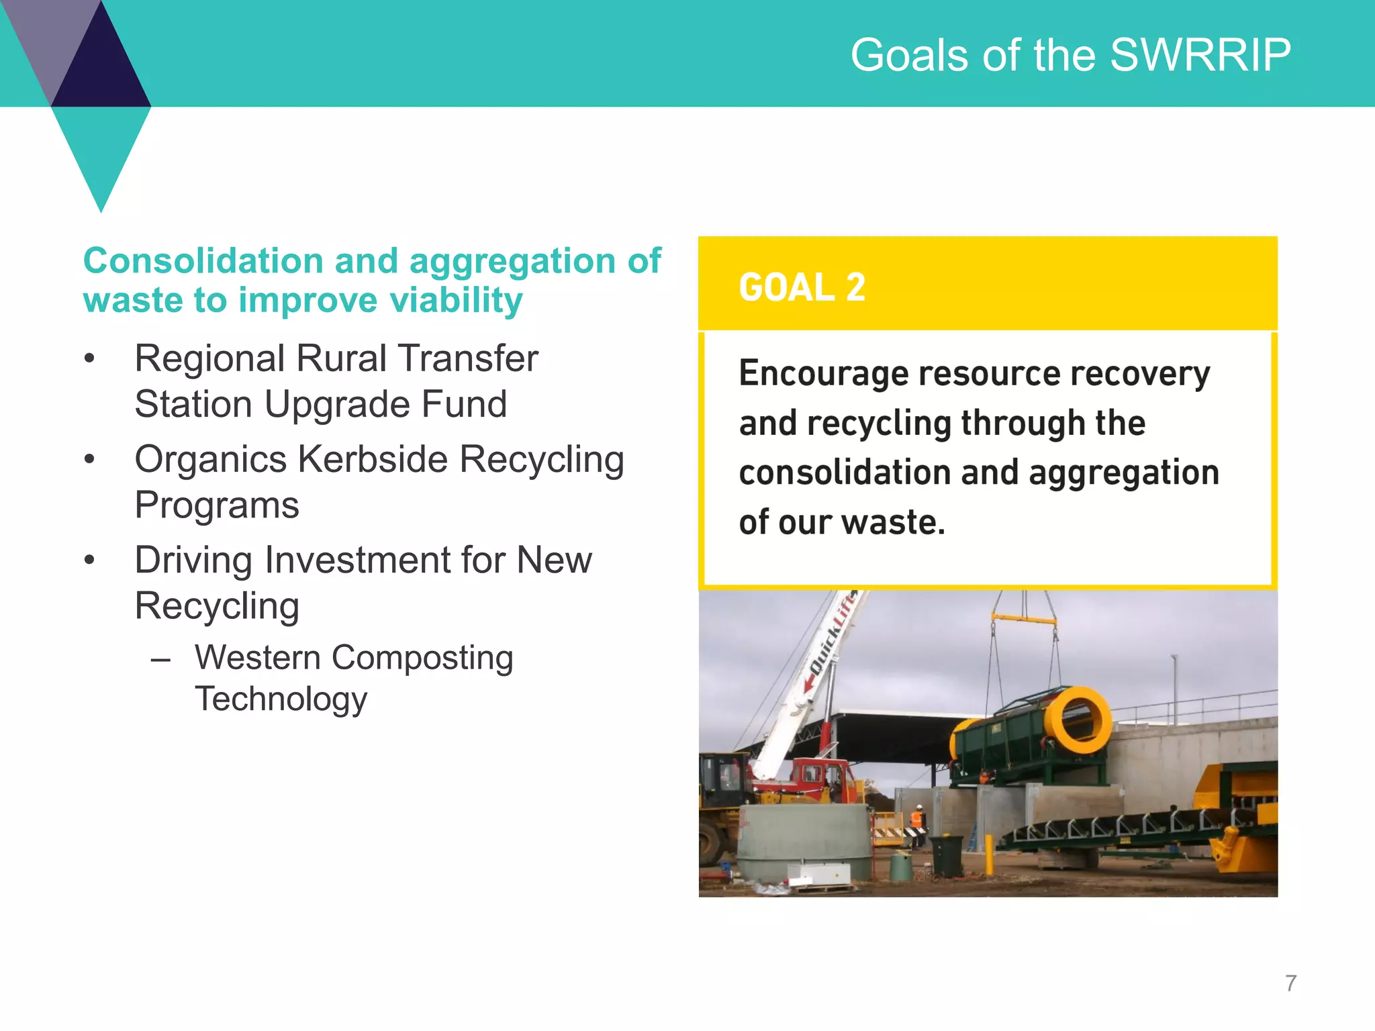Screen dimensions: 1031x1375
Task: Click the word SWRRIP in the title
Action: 1200,55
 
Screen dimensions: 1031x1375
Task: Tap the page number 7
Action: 1290,983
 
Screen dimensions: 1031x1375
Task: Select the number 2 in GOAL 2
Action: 855,287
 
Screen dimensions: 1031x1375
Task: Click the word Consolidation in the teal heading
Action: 203,260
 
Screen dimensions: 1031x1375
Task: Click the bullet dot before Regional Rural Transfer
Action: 90,359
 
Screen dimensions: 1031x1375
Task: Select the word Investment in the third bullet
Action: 359,560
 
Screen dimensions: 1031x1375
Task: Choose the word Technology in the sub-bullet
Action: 281,699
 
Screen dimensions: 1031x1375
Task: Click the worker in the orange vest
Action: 916,823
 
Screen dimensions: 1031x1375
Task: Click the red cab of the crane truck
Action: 818,779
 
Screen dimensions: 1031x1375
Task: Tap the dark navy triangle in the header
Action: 101,67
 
